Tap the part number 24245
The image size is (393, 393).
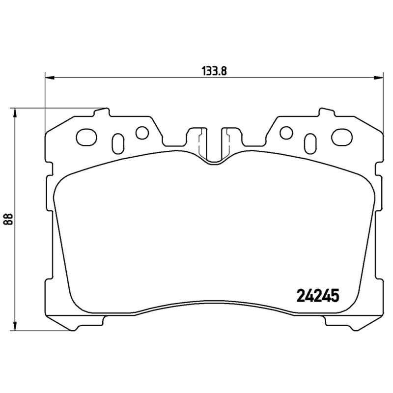coord(318,295)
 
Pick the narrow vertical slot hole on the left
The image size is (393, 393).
coord(118,143)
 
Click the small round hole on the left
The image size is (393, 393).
coord(142,133)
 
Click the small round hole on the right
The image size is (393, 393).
coord(285,133)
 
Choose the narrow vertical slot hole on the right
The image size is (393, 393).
coord(309,143)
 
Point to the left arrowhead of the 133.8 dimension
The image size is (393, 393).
coord(48,77)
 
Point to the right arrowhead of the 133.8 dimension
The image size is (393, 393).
coord(379,77)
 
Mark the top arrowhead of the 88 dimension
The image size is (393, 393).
coord(15,112)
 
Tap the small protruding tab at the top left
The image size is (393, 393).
coord(101,113)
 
